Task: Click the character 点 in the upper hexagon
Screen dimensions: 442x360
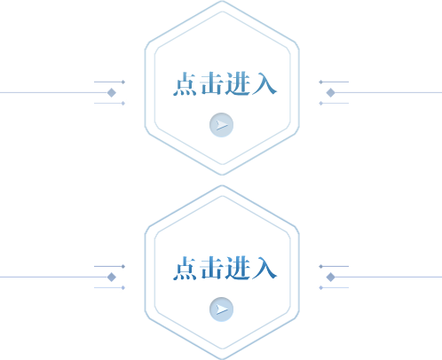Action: (x=185, y=84)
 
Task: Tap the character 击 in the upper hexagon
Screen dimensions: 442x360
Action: (x=211, y=83)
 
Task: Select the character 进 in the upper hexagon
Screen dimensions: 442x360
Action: (x=238, y=84)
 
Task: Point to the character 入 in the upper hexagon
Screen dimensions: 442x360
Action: (x=264, y=84)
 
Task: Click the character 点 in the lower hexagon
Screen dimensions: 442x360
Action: (x=185, y=269)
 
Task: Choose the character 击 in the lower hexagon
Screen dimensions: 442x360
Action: (x=211, y=268)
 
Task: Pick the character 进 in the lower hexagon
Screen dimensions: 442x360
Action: (x=238, y=269)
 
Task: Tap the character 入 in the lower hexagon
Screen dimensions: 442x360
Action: (x=264, y=269)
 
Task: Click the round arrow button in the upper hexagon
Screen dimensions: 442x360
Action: (x=221, y=125)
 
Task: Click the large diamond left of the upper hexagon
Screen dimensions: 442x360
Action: (x=112, y=93)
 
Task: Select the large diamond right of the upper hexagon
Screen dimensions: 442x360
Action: (x=331, y=93)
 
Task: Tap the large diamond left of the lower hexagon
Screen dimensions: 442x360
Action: (x=112, y=278)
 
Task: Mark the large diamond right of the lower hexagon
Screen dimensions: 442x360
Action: (x=331, y=278)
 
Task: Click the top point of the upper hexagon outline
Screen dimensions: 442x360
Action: (x=222, y=1)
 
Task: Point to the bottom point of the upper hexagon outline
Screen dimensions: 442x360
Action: (x=222, y=175)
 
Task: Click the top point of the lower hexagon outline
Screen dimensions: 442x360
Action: (x=222, y=185)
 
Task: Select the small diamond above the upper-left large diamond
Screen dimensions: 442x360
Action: (x=123, y=82)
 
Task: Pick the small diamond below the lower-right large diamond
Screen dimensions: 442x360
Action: (x=320, y=287)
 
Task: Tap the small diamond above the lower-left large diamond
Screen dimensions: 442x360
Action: (x=123, y=266)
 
